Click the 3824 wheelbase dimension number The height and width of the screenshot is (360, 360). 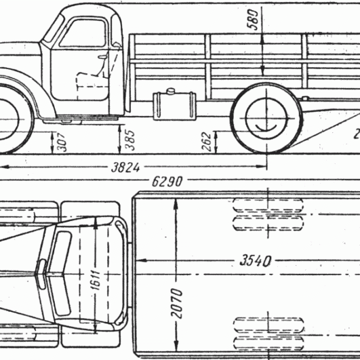pyautogui.click(x=125, y=167)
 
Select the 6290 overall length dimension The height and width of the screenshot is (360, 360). pyautogui.click(x=167, y=182)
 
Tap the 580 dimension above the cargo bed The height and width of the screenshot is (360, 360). pyautogui.click(x=253, y=20)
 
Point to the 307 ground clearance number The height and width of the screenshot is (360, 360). pyautogui.click(x=62, y=142)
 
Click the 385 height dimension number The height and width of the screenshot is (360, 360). pyautogui.click(x=130, y=140)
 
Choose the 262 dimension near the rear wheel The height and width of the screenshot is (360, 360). pyautogui.click(x=206, y=142)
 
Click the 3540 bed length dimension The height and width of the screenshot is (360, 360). pyautogui.click(x=256, y=261)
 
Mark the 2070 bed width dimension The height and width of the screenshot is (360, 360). pyautogui.click(x=177, y=303)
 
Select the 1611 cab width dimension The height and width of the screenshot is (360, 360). pyautogui.click(x=96, y=280)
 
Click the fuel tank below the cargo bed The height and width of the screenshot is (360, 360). pyautogui.click(x=175, y=106)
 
